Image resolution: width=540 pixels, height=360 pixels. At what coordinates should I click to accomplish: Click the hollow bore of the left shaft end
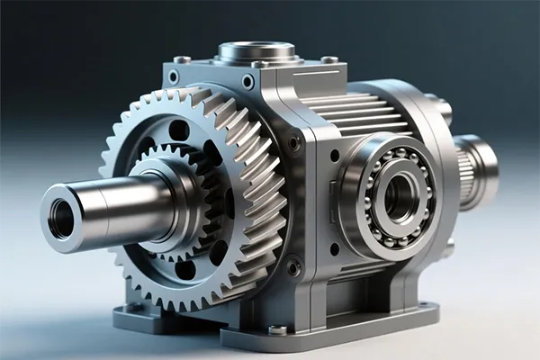pyautogui.click(x=61, y=218)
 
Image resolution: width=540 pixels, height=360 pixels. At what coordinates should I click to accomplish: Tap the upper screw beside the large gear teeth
pyautogui.click(x=294, y=143)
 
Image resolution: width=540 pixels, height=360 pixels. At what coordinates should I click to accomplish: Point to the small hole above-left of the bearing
pyautogui.click(x=335, y=155)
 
